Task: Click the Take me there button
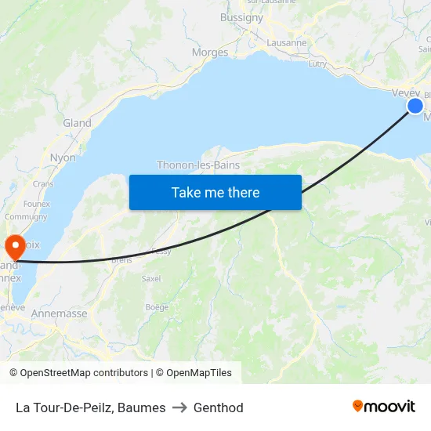click(x=215, y=192)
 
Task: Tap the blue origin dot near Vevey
click(x=415, y=106)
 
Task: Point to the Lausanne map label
click(x=286, y=43)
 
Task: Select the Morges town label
click(x=210, y=53)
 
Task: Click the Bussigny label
click(x=241, y=17)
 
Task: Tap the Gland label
click(x=77, y=123)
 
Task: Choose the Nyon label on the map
click(x=63, y=158)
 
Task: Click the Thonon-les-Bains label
click(x=198, y=165)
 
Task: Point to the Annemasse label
click(x=60, y=313)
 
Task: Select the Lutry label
click(x=317, y=64)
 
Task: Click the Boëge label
click(x=157, y=307)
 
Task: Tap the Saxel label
click(x=151, y=278)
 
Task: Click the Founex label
click(x=36, y=204)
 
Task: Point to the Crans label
click(x=42, y=183)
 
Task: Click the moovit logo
click(x=384, y=407)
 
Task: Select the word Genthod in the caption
click(x=219, y=407)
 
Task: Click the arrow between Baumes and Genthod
click(x=179, y=407)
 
